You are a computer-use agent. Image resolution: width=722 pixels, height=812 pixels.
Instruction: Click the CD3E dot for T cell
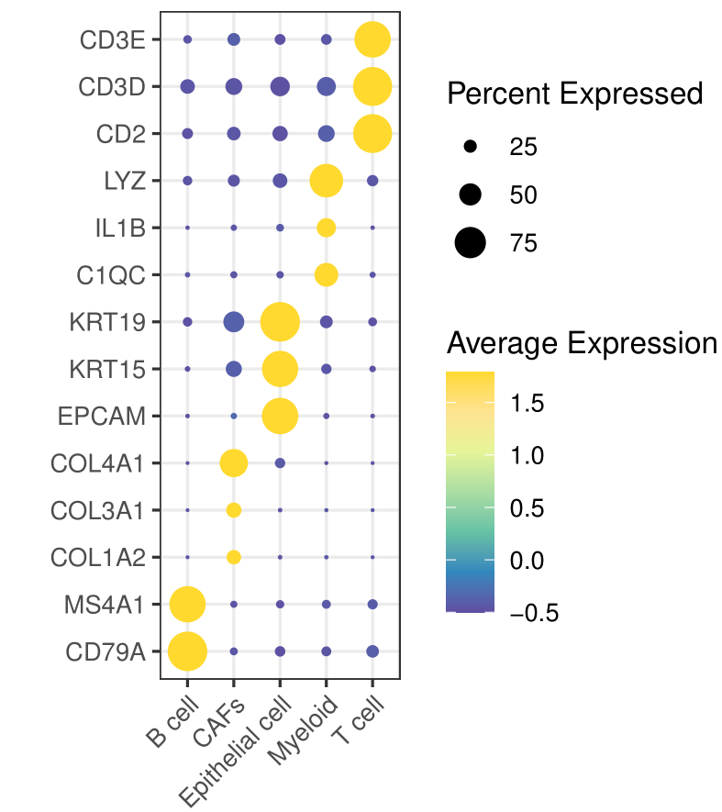[372, 39]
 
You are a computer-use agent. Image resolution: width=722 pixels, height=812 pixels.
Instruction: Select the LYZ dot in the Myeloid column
[326, 181]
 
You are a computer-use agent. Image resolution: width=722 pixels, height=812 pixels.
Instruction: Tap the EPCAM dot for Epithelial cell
[280, 416]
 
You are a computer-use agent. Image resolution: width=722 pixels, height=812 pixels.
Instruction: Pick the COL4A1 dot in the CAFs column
[234, 463]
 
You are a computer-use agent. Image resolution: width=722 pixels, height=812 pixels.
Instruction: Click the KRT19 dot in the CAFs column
[234, 322]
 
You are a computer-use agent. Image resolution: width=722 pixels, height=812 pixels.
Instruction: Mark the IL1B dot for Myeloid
[326, 228]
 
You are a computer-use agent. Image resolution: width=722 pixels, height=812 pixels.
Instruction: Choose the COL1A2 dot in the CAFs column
[234, 557]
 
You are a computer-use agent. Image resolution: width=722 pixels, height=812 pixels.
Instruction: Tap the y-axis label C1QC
[113, 274]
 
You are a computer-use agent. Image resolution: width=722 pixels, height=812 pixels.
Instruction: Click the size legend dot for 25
[471, 147]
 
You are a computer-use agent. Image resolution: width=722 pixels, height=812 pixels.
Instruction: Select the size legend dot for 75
[471, 243]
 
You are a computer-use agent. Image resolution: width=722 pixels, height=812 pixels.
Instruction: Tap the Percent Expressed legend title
[575, 94]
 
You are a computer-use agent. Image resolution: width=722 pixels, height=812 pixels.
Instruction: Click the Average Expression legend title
[582, 344]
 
